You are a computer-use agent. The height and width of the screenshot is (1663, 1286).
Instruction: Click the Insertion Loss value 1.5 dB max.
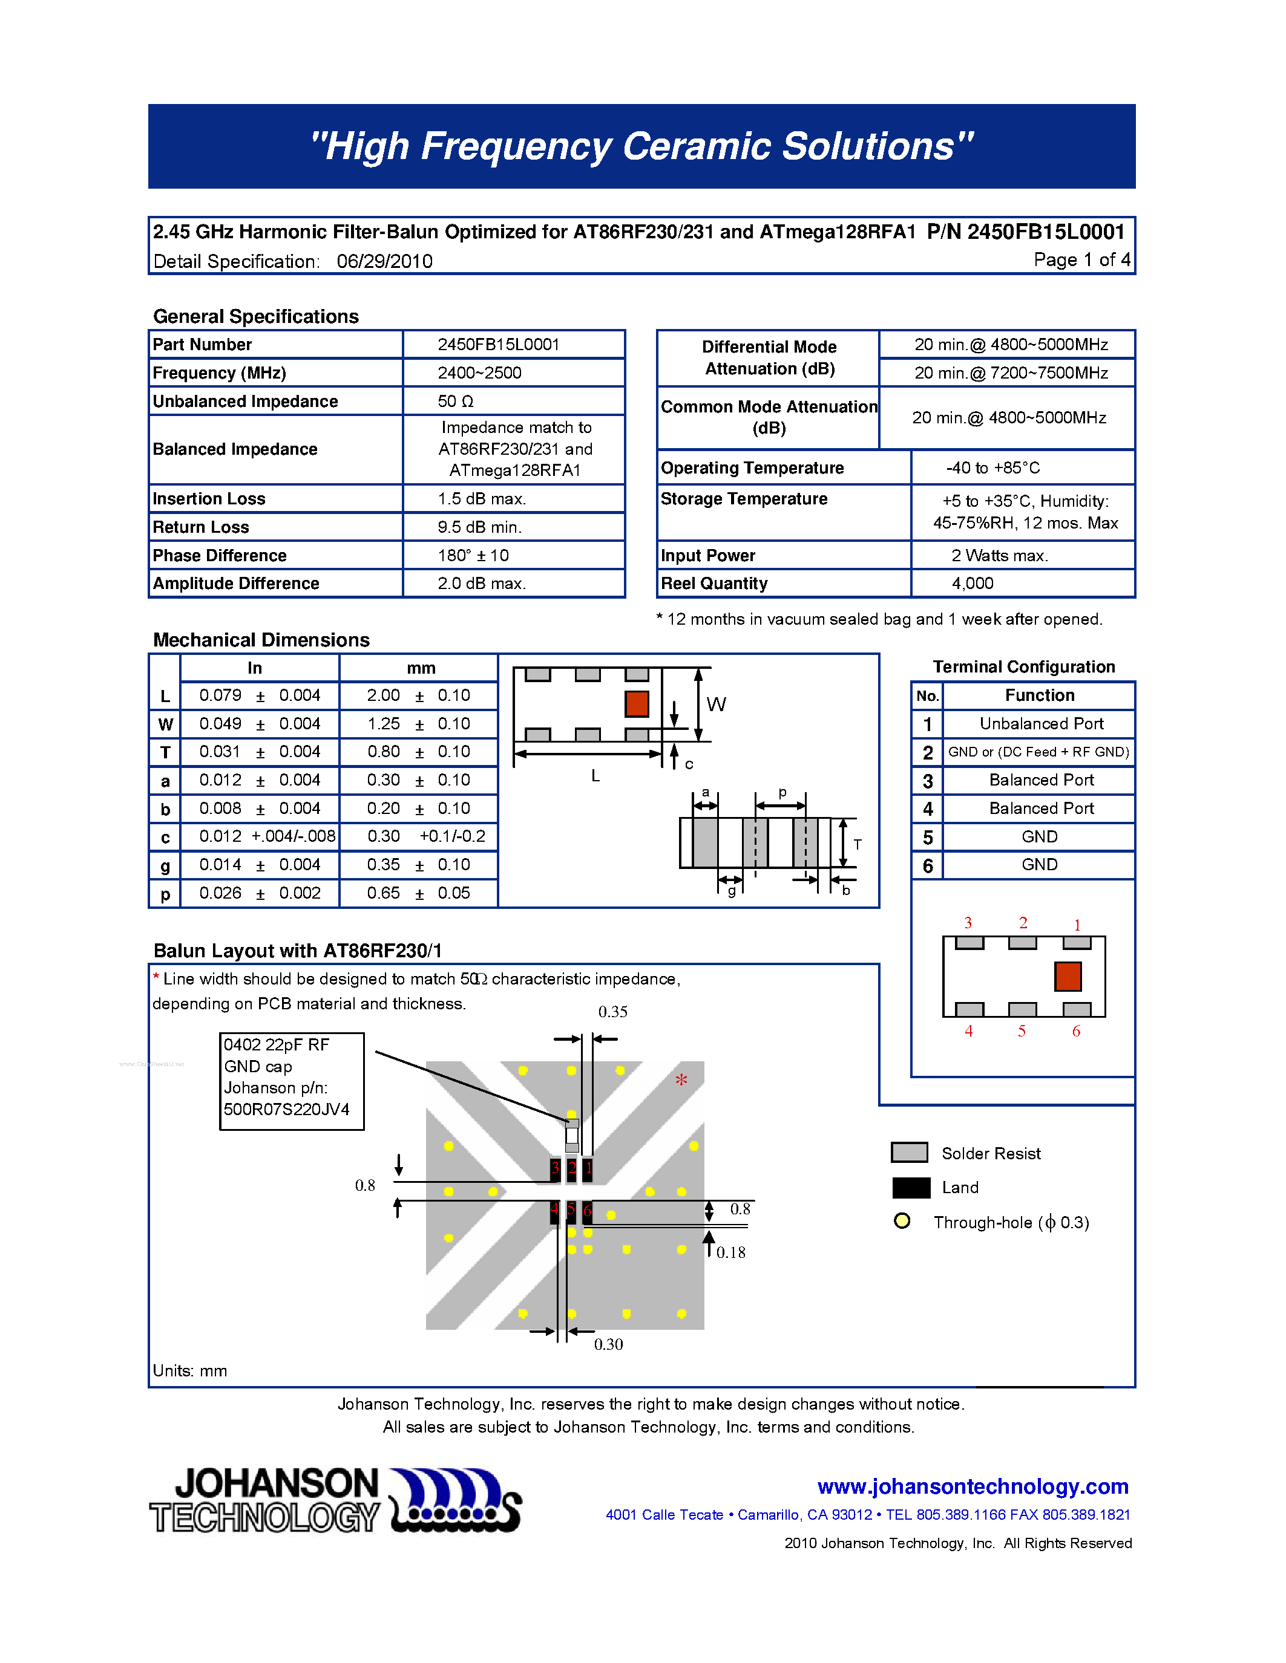click(482, 499)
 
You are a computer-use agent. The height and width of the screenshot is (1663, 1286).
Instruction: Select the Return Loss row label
click(200, 527)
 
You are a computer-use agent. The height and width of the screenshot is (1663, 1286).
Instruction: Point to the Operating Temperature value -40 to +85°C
click(992, 467)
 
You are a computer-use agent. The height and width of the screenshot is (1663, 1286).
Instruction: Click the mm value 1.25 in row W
click(383, 723)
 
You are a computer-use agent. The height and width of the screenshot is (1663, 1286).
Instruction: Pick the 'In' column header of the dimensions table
click(254, 668)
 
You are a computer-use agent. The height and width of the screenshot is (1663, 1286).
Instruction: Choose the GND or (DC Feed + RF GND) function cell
click(1038, 752)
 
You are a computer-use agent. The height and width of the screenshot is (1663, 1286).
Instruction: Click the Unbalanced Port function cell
click(1041, 723)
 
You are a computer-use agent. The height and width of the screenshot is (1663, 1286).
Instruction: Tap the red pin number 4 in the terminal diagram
click(968, 1031)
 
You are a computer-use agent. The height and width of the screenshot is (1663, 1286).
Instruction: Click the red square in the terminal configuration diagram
click(1068, 976)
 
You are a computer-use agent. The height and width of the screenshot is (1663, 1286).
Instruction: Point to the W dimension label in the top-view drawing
click(716, 705)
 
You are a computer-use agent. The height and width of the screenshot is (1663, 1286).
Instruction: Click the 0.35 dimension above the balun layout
click(612, 1012)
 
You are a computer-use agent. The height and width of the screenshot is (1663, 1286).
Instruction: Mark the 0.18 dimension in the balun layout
click(730, 1252)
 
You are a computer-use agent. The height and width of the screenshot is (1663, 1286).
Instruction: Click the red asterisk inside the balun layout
click(681, 1079)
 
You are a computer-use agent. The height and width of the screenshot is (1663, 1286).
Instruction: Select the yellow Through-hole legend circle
click(902, 1222)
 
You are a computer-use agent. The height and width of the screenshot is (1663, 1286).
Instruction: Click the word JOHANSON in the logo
click(277, 1484)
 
